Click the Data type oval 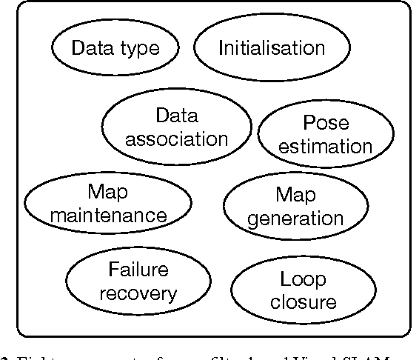[115, 49]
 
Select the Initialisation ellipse [271, 49]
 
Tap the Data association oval [176, 127]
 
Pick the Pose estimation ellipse [326, 134]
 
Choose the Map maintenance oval [107, 204]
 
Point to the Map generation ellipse [295, 207]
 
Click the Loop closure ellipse [304, 290]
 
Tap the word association [176, 139]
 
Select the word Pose [326, 123]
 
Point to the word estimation [326, 146]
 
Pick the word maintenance [107, 216]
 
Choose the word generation [295, 219]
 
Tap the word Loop [304, 279]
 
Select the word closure [304, 302]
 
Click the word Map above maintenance [107, 192]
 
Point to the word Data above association [176, 115]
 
